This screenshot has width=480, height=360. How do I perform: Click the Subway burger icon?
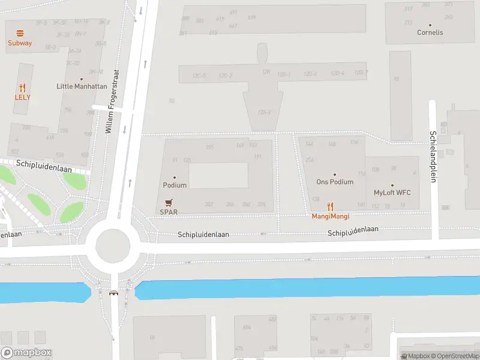20,34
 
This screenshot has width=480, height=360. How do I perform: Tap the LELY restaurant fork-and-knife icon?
23,88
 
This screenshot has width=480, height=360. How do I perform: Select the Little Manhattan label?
82,86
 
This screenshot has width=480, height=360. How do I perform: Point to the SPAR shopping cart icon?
169,203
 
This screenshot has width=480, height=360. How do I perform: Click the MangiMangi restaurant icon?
330,207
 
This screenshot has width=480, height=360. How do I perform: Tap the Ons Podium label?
335,182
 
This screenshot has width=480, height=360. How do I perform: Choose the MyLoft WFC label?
392,193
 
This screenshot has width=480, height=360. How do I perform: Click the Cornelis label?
430,32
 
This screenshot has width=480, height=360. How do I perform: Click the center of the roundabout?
108,245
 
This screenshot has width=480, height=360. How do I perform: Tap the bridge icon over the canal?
113,293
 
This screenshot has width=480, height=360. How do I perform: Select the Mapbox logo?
26,353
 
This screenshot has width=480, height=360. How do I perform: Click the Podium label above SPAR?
175,185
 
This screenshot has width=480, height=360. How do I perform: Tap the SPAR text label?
169,212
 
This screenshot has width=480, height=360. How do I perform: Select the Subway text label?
20,43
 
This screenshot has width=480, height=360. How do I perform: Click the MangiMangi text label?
330,216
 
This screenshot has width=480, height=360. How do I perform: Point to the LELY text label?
23,97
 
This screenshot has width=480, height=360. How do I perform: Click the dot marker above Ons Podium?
335,175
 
